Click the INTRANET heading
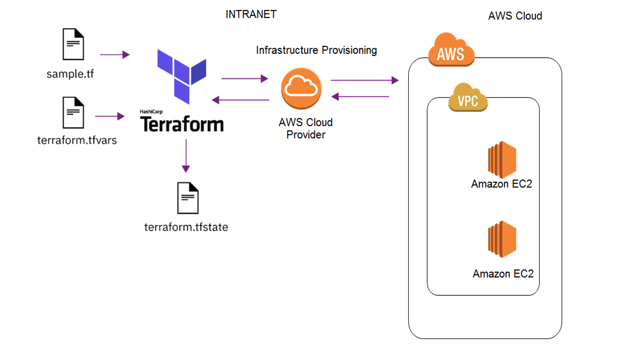click(251, 14)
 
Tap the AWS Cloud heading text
click(515, 16)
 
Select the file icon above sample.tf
click(73, 44)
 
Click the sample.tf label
click(70, 75)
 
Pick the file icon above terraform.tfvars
click(73, 113)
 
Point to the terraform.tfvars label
click(77, 140)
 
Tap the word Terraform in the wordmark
click(182, 124)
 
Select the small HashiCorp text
click(152, 112)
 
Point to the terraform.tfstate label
click(186, 227)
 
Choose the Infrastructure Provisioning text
click(316, 50)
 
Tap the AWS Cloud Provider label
click(306, 129)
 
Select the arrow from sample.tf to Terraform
click(115, 54)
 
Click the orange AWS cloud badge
click(451, 50)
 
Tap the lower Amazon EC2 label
click(503, 274)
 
